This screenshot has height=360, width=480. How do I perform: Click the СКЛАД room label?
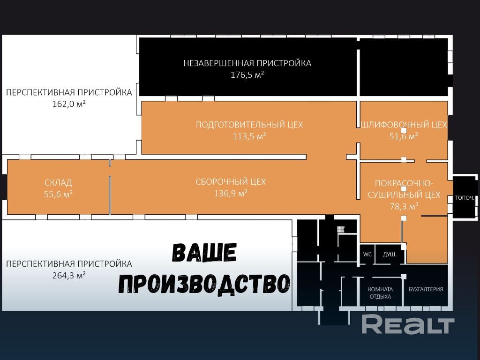point(58,182)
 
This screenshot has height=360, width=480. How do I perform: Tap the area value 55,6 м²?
point(58,194)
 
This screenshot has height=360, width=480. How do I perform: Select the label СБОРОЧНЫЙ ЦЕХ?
point(231,181)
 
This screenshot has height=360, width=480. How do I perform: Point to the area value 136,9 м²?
point(231,193)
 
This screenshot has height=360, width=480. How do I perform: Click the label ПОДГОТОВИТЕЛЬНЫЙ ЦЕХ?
point(249,125)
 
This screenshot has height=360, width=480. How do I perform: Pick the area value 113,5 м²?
point(249,136)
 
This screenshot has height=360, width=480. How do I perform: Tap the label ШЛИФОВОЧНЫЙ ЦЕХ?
point(404,125)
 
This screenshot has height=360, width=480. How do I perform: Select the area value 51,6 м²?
point(404,136)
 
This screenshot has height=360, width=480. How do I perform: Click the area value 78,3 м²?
point(404,206)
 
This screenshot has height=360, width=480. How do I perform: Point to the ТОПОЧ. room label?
point(465,198)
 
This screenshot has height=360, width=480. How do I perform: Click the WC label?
point(367,255)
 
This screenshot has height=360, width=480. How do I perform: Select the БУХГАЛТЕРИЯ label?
point(426,289)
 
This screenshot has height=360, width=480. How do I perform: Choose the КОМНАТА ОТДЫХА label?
point(380,293)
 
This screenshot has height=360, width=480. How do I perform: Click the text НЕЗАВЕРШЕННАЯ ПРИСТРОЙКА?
point(247,63)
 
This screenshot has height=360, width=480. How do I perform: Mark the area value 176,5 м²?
point(247,75)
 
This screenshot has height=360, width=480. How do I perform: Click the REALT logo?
point(408,325)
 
